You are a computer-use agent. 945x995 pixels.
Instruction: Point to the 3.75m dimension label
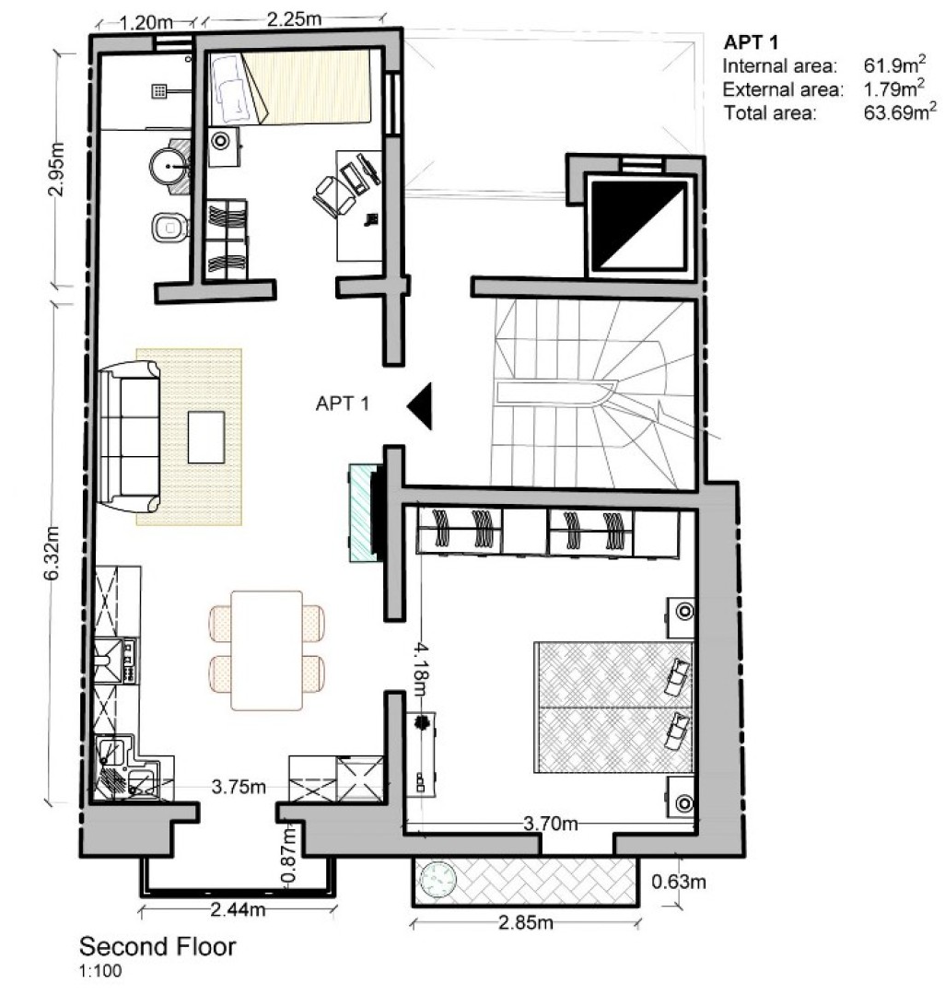coord(239,788)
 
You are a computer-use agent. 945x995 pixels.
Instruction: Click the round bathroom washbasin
coord(168,167)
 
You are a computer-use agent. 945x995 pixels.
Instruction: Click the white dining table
coord(266,650)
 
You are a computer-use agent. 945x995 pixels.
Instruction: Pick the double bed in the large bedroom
coord(612,707)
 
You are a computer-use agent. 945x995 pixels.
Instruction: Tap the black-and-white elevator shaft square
coord(639,227)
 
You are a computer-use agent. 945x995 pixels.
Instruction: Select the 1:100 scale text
coord(99,970)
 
